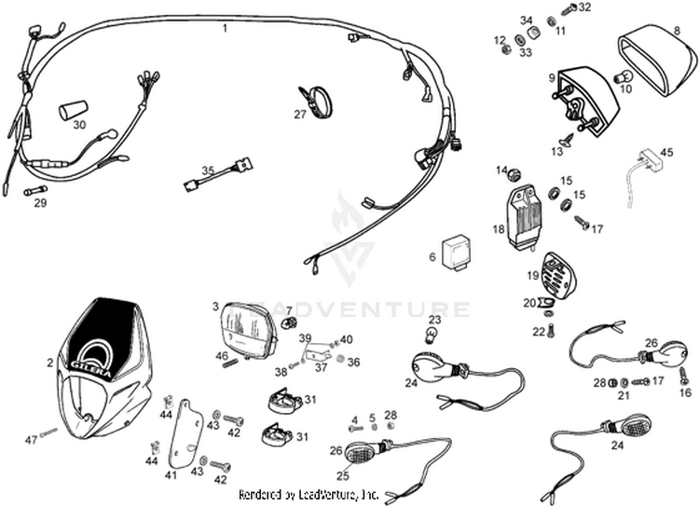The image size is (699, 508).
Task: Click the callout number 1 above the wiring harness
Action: coord(224,29)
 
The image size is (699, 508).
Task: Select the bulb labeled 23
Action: coord(432,334)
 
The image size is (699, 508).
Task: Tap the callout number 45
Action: coord(665,152)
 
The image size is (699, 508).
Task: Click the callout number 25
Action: coord(344,474)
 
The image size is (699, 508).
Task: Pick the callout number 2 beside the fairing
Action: coord(49,363)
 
